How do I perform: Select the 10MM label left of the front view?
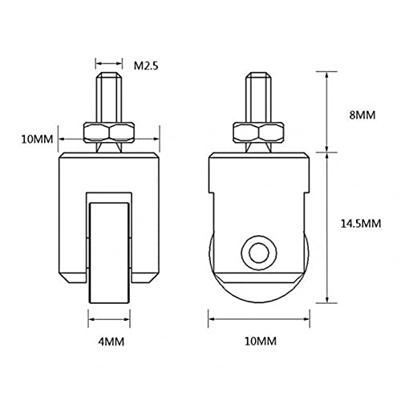coord(37,140)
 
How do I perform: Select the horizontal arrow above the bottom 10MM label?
coord(259,319)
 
